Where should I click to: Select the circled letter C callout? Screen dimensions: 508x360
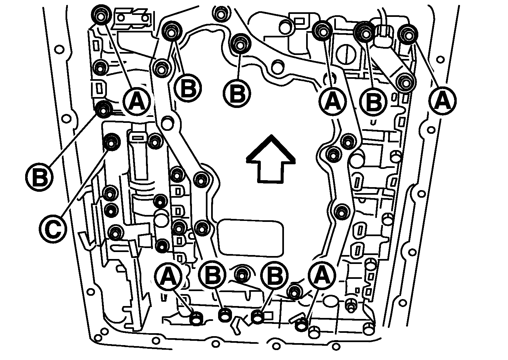(53, 229)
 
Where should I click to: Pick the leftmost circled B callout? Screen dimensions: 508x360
(39, 177)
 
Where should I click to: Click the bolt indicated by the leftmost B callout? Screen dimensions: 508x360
(103, 109)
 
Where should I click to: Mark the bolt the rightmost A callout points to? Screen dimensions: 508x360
(407, 34)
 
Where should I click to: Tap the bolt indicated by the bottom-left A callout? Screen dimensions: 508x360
(196, 319)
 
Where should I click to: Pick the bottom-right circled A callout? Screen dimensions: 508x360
(322, 275)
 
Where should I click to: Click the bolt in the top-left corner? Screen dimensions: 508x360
(101, 15)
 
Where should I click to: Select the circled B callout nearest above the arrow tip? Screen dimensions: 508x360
(237, 93)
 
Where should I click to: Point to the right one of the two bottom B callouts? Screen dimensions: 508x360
(274, 275)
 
